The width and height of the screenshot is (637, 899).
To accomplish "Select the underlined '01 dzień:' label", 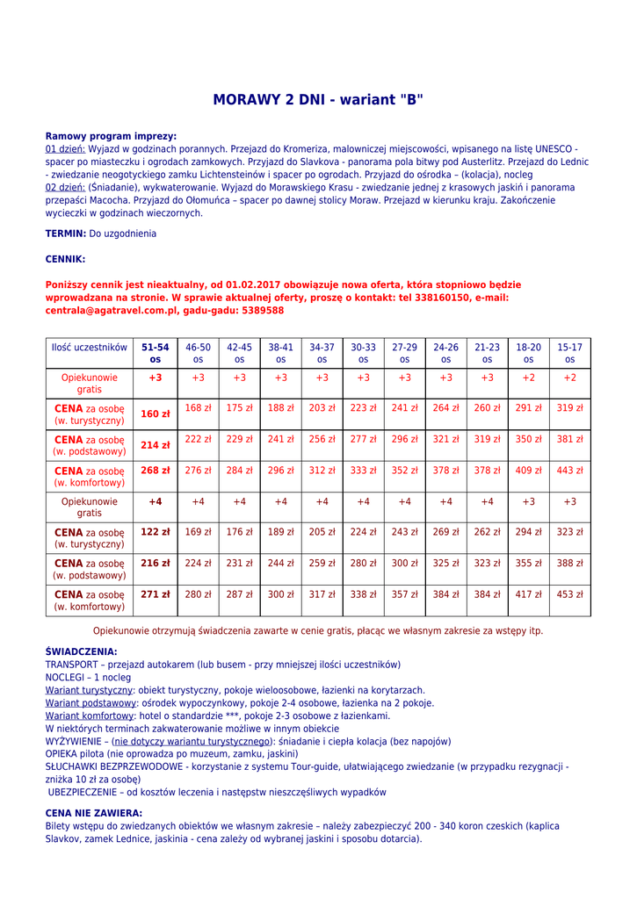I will [65, 149].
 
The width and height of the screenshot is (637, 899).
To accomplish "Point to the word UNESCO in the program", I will [555, 149].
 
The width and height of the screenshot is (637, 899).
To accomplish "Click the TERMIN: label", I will [66, 234].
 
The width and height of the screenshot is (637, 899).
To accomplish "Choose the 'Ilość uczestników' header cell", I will [90, 348].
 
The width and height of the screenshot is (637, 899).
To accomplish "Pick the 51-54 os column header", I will [156, 353].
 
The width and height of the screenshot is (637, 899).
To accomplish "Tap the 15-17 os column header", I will [569, 353].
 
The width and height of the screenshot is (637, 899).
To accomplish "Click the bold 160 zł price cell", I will [156, 414].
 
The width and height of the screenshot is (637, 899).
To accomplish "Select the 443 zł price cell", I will [569, 471].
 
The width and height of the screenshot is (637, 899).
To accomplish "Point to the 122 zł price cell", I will [156, 532].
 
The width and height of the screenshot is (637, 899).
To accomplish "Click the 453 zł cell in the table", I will [569, 594].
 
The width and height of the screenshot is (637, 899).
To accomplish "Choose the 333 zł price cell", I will [363, 471].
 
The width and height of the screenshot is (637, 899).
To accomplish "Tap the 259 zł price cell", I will [322, 563].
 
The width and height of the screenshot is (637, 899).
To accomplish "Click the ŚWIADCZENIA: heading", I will [81, 652].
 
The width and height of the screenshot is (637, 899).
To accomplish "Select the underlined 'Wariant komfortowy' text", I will [88, 716].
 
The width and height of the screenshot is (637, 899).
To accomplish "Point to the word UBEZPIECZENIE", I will [87, 792].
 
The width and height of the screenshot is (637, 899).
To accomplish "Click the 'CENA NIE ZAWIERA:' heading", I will [94, 813].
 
